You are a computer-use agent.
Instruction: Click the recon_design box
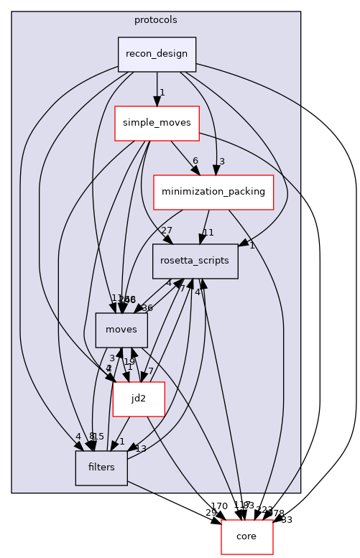coord(157,55)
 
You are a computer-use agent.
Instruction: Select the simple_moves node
coord(157,123)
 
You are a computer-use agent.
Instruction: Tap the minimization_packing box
coord(213,192)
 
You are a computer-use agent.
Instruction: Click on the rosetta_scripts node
coord(195,261)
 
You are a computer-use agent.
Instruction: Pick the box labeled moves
coord(121,330)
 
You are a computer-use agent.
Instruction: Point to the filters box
coord(101,468)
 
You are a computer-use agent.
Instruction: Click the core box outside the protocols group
coord(246,537)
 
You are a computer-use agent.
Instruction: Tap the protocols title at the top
coord(156,19)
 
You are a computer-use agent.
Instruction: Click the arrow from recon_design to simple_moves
coord(157,89)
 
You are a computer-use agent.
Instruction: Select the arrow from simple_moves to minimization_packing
coord(183,156)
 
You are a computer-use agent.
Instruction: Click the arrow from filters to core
coord(172,502)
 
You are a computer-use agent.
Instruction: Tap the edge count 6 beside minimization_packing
coord(195,161)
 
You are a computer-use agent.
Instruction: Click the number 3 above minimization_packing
coord(223,161)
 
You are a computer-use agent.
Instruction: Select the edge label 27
coord(166,230)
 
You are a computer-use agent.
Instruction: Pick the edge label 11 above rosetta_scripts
coord(208,232)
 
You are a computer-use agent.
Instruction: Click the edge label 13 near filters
coord(141,449)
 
